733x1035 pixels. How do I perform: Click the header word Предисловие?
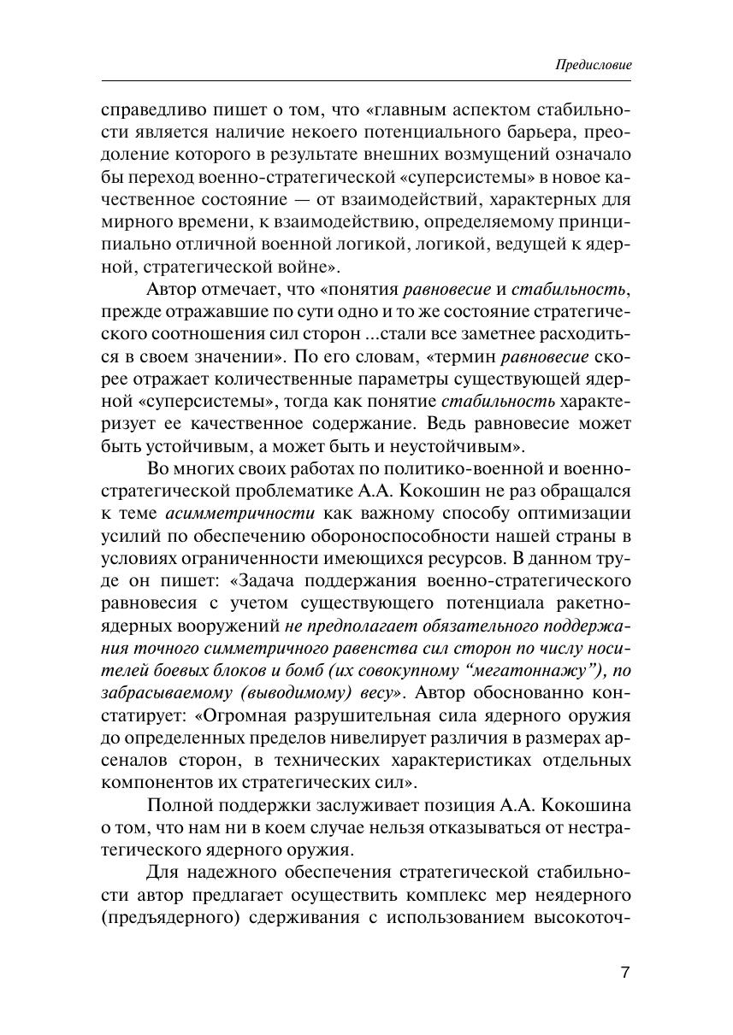coord(593,65)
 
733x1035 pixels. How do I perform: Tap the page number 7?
coord(624,973)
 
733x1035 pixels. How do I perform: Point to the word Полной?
coord(179,804)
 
